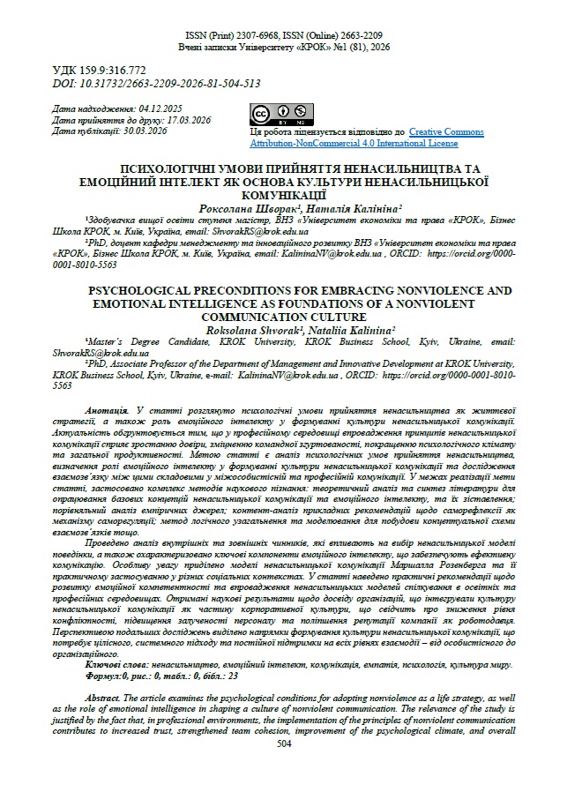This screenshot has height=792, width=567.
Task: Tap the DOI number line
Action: point(156,83)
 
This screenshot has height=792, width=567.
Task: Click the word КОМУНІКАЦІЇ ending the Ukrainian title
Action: point(283,191)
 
